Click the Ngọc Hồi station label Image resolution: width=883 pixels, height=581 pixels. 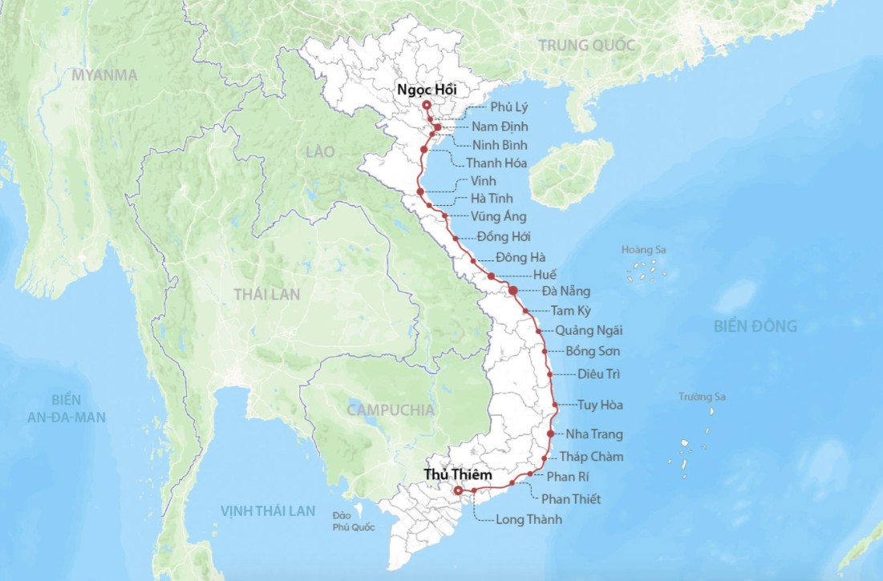click(427, 90)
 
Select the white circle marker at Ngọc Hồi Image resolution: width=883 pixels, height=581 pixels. click(427, 105)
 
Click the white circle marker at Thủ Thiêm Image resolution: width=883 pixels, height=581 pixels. click(457, 490)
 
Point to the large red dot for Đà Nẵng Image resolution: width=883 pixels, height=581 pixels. click(513, 290)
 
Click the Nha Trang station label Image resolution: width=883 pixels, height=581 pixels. click(594, 434)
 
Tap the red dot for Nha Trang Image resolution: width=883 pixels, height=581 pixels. click(550, 434)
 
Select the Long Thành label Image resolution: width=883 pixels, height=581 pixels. click(529, 519)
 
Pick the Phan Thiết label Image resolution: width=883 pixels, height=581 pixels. click(571, 499)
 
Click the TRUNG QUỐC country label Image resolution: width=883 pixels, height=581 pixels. click(587, 46)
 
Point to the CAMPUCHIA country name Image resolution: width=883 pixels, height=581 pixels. click(390, 410)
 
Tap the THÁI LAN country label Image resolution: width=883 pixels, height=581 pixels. click(267, 294)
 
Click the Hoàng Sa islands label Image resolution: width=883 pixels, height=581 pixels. click(643, 250)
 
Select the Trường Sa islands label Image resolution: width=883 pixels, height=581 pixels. click(702, 397)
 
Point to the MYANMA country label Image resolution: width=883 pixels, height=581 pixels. click(104, 75)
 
